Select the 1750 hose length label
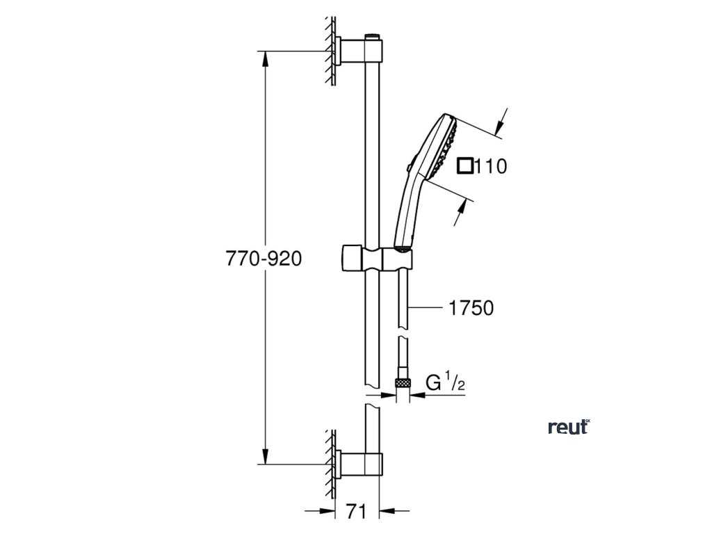471,307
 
